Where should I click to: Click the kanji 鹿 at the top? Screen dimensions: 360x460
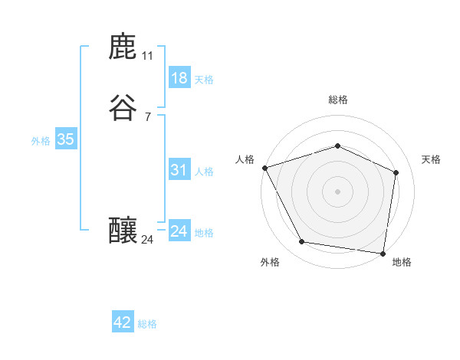[123, 47]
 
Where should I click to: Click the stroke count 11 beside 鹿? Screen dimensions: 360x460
[147, 56]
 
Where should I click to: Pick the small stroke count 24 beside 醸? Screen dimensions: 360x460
[147, 240]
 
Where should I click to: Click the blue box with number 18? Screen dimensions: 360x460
[179, 78]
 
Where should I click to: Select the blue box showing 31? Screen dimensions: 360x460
[179, 170]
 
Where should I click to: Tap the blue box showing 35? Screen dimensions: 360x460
[65, 139]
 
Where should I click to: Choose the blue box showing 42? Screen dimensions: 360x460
[123, 322]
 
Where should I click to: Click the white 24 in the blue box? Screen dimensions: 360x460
[179, 231]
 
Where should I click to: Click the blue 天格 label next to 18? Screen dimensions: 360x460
[204, 80]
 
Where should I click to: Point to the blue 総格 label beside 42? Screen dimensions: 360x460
[147, 324]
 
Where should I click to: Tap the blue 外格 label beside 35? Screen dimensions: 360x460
[41, 141]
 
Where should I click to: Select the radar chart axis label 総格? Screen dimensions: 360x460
[338, 100]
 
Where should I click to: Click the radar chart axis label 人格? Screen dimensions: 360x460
[245, 159]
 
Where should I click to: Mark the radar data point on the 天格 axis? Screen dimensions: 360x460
[396, 172]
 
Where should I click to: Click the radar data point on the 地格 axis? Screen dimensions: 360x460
[383, 253]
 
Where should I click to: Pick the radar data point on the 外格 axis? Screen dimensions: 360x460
[302, 242]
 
